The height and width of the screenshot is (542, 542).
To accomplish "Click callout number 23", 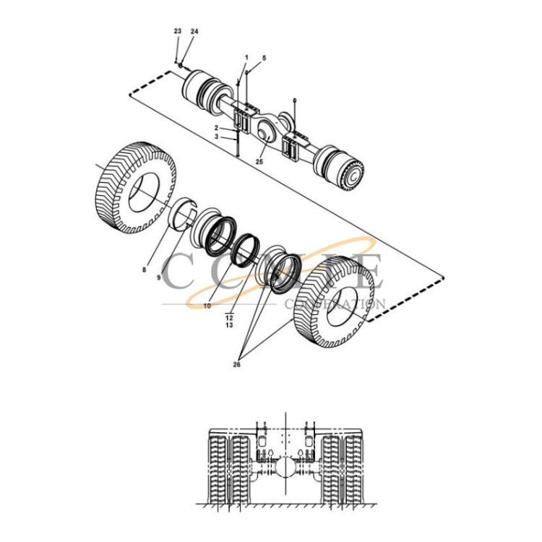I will tap(178, 32).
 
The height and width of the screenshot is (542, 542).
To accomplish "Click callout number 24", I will tap(194, 33).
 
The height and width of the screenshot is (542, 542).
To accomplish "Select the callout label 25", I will tap(259, 162).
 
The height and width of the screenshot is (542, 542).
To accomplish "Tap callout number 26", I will tap(236, 364).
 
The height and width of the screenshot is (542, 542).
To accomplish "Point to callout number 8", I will tap(145, 270).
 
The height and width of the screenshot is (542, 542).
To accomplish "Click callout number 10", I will tap(207, 306).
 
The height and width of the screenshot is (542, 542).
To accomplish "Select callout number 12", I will tap(229, 317).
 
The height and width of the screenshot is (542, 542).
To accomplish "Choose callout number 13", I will tap(229, 326).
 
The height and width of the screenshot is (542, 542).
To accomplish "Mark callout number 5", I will tap(264, 57).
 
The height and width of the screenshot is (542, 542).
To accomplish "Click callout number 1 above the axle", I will tap(246, 56).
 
